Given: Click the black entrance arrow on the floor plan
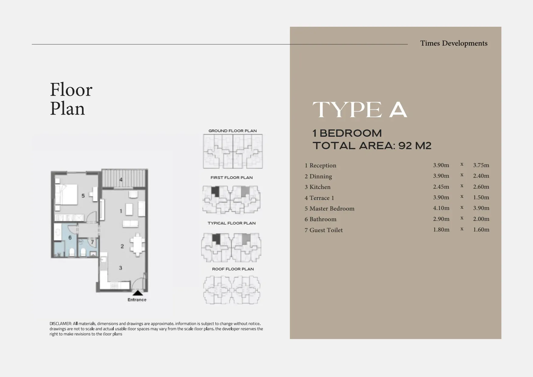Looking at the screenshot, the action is click(x=138, y=293).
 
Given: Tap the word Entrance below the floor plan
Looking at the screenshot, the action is click(x=137, y=300).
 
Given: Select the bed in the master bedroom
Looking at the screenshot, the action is click(x=66, y=194).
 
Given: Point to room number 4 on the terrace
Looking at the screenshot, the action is click(x=121, y=180).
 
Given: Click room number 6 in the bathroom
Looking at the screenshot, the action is click(x=70, y=238).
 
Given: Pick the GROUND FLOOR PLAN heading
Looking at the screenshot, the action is click(x=232, y=131).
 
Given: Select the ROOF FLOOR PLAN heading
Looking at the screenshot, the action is click(x=233, y=269).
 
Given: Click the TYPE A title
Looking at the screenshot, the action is click(x=360, y=110).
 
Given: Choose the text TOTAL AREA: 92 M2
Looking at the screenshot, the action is click(x=372, y=146).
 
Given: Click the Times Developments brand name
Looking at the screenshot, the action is click(x=454, y=43).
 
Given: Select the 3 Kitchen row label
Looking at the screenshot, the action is click(x=318, y=187).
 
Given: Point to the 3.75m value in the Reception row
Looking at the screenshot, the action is click(x=481, y=165).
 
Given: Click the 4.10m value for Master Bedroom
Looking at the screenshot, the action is click(x=441, y=208).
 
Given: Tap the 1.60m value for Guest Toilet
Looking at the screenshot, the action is click(x=481, y=230).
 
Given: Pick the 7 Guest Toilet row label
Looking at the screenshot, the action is click(x=324, y=230).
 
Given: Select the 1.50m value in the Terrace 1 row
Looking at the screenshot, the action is click(x=481, y=197).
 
